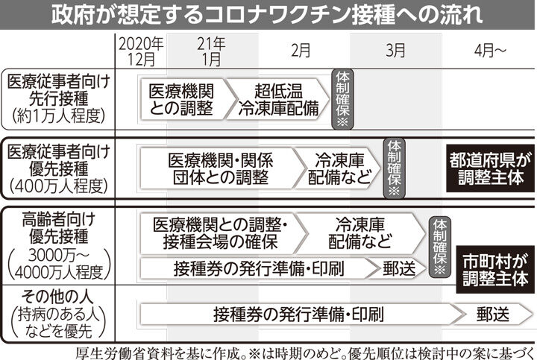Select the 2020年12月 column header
pyautogui.click(x=141, y=51)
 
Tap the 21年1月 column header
pyautogui.click(x=211, y=51)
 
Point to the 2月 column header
pyautogui.click(x=301, y=50)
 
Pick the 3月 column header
pyautogui.click(x=395, y=50)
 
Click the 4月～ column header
pyautogui.click(x=490, y=51)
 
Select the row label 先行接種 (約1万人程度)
pyautogui.click(x=59, y=99)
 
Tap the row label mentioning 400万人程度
pyautogui.click(x=59, y=168)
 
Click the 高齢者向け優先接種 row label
pyautogui.click(x=59, y=246)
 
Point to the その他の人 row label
pyautogui.click(x=59, y=314)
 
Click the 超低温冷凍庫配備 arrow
pyautogui.click(x=278, y=99)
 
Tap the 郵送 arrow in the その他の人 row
pyautogui.click(x=493, y=314)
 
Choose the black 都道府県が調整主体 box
pyautogui.click(x=490, y=168)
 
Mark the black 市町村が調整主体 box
pyautogui.click(x=495, y=269)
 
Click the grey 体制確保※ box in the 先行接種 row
pyautogui.click(x=342, y=99)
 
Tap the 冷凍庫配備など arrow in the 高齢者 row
pyautogui.click(x=360, y=234)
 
